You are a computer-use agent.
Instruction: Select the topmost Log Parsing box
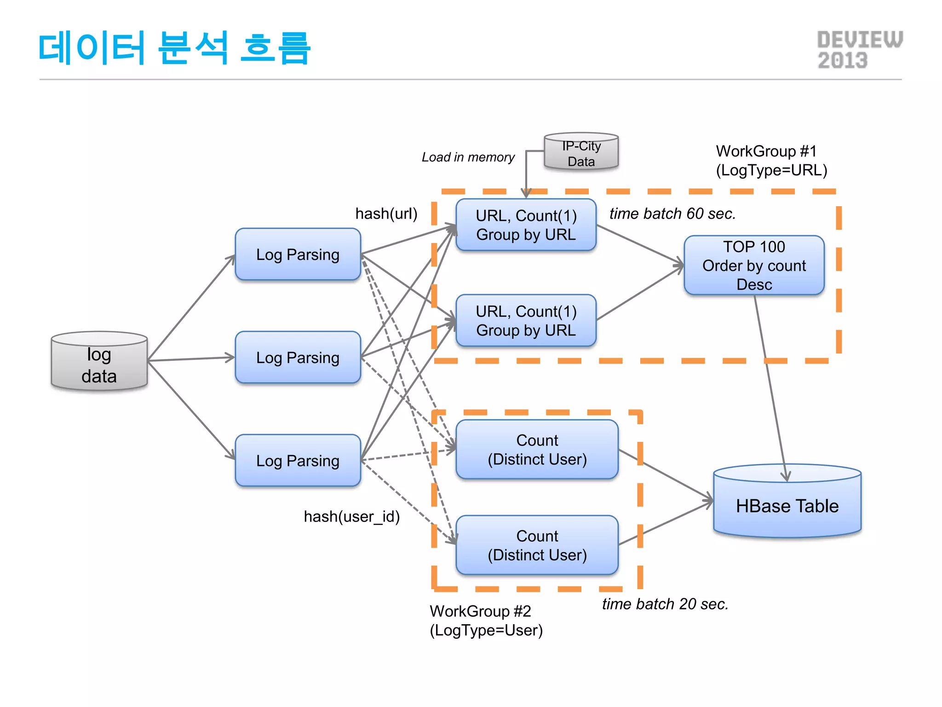tap(298, 255)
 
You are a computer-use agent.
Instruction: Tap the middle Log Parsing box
tap(298, 357)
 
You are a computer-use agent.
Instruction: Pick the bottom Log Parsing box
tap(298, 460)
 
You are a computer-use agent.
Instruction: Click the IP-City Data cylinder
tap(581, 153)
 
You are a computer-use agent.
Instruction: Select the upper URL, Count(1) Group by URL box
tap(526, 225)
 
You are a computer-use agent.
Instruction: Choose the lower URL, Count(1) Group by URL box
tap(526, 321)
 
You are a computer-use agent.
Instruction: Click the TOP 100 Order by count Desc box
tap(754, 266)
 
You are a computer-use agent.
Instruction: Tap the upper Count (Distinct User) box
tap(537, 450)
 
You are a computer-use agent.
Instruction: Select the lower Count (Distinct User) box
tap(537, 545)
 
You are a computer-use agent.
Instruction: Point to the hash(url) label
tap(386, 214)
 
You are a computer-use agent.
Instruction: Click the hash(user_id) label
tap(352, 517)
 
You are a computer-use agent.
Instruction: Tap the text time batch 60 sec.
tap(672, 214)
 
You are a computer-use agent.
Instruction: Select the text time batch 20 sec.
tap(665, 604)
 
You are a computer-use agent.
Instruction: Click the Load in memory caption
tap(468, 157)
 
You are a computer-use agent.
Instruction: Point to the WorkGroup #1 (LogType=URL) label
tap(771, 161)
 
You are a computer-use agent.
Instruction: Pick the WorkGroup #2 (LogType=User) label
tap(486, 620)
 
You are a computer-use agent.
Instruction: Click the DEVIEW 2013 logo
tap(859, 50)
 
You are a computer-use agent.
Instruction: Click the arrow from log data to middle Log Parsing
tap(191, 359)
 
